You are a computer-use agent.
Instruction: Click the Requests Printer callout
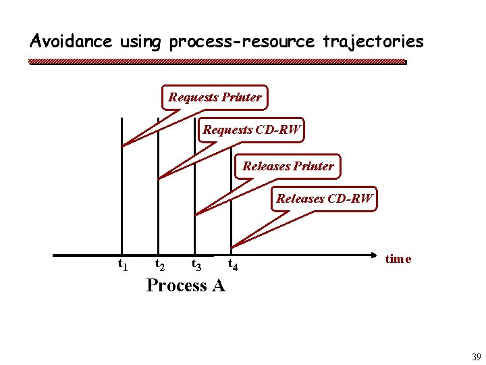click(x=215, y=97)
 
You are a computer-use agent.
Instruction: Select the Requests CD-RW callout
click(x=252, y=130)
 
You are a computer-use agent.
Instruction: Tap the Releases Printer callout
click(x=288, y=166)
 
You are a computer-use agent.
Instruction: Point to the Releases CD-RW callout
click(x=325, y=199)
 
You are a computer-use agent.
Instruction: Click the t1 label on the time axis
click(x=124, y=264)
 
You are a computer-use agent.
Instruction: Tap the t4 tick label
click(x=232, y=264)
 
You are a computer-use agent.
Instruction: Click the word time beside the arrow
click(x=398, y=259)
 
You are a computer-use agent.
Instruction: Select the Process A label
click(x=186, y=285)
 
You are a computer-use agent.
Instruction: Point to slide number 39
click(x=476, y=358)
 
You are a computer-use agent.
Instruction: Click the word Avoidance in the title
click(x=71, y=41)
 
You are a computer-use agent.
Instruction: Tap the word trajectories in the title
click(x=373, y=41)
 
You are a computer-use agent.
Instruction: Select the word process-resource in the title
click(x=242, y=42)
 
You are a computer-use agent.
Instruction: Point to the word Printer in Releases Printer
click(x=312, y=166)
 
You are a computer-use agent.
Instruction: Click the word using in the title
click(x=140, y=42)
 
